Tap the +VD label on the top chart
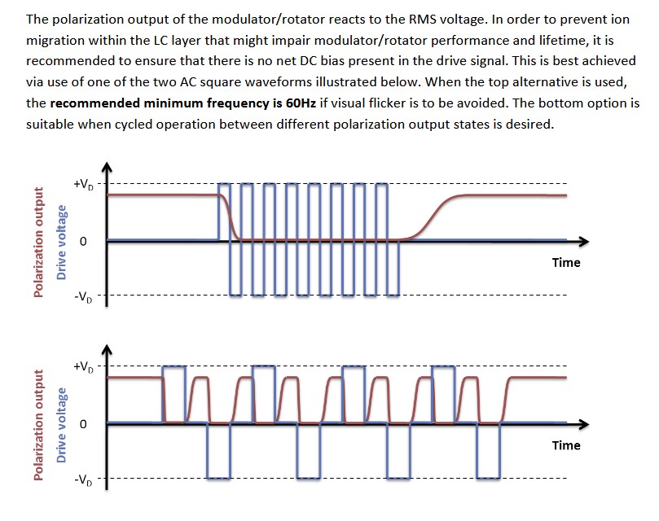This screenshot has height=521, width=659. pos(83,185)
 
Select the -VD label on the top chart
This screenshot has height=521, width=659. pos(83,297)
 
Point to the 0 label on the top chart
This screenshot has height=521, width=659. pos(83,242)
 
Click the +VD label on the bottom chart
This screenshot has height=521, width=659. pos(83,367)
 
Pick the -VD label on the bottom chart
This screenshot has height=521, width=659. pos(83,479)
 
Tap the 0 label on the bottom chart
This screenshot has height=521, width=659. pos(83,424)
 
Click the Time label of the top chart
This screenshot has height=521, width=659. pos(565,263)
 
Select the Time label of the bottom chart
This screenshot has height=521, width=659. pos(565,445)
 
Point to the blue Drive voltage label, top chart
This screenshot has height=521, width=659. pos(61,242)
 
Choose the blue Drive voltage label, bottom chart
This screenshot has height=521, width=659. pos(61,424)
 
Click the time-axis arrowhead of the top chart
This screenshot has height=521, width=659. pos(583,241)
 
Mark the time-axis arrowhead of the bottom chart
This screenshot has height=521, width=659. pos(583,423)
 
